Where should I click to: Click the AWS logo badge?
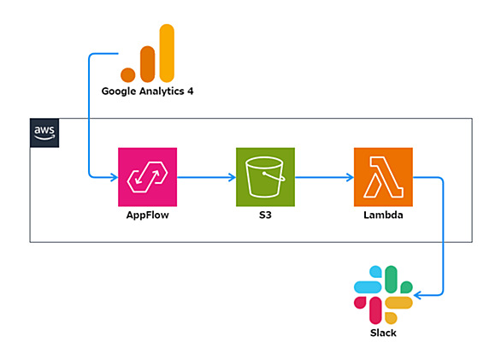(x=44, y=133)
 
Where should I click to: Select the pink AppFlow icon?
(x=148, y=177)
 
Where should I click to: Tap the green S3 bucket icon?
(x=265, y=177)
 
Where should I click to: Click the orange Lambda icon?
(x=383, y=177)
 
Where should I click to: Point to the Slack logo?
(x=383, y=295)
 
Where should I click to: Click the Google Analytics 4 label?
(x=147, y=91)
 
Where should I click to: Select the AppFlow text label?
(x=148, y=215)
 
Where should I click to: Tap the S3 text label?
(x=265, y=215)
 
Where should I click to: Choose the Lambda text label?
(x=383, y=215)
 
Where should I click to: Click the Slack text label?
(x=383, y=333)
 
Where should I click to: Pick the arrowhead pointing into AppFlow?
(x=114, y=177)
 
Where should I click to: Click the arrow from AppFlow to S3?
(x=206, y=177)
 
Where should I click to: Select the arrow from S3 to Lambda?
(x=324, y=177)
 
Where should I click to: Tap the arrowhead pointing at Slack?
(x=417, y=295)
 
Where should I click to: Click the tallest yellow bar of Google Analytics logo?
(x=167, y=53)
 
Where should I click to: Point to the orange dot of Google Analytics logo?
(x=127, y=75)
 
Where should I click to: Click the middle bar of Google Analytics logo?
(x=147, y=64)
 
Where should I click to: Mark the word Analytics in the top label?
(x=162, y=91)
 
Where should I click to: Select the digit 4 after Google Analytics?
(x=191, y=91)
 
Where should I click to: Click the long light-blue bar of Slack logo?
(x=368, y=287)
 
